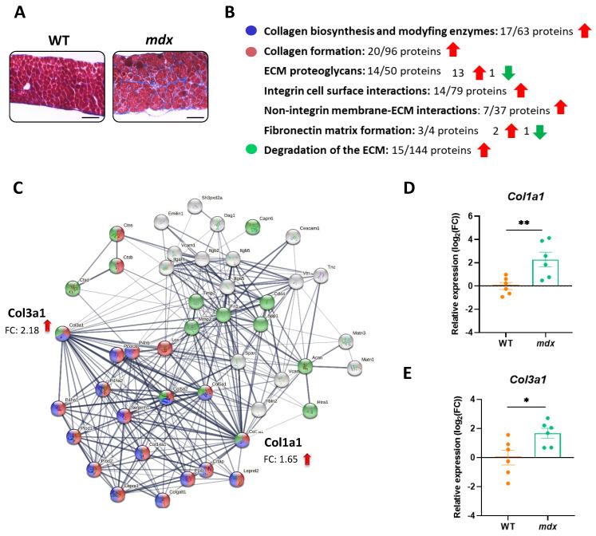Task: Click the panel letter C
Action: click(x=18, y=190)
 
